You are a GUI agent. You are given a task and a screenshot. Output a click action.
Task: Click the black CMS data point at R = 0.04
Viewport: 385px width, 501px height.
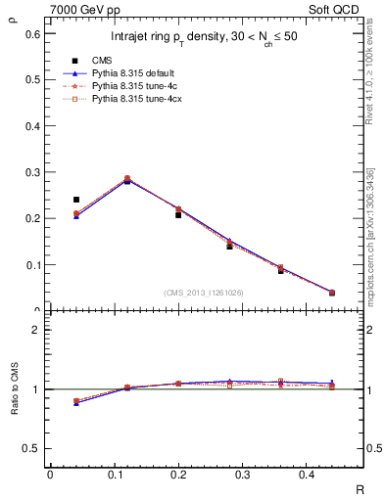pyautogui.click(x=76, y=200)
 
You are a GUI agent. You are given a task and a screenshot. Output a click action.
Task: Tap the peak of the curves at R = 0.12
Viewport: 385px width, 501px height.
pyautogui.click(x=127, y=180)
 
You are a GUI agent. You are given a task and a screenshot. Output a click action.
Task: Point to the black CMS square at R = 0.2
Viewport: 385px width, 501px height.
pyautogui.click(x=178, y=214)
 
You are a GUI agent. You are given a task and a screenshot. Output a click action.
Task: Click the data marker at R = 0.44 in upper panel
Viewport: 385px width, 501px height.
pyautogui.click(x=332, y=293)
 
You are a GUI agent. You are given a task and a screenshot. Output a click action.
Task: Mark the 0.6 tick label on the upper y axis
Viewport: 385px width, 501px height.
pyautogui.click(x=32, y=33)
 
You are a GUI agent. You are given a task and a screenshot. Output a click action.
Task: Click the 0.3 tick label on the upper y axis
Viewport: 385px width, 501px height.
pyautogui.click(x=32, y=171)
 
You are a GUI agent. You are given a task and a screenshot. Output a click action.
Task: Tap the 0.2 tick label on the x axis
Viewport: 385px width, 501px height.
pyautogui.click(x=178, y=475)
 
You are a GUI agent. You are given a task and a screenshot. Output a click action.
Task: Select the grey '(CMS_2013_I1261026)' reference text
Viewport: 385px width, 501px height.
pyautogui.click(x=204, y=293)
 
